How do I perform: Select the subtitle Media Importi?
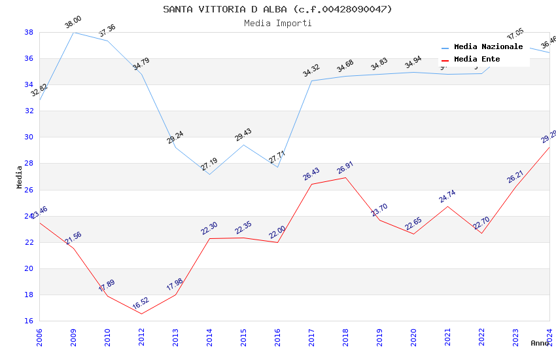point(277,23)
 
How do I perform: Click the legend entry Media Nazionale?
point(488,47)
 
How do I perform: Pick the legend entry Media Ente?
point(477,59)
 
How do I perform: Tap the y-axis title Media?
point(20,177)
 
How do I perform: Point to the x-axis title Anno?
point(540,343)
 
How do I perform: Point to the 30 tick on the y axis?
point(29,137)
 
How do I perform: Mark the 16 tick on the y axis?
point(29,321)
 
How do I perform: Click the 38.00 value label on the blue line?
point(73,24)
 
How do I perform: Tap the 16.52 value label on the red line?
point(141,304)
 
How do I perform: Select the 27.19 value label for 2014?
point(209,164)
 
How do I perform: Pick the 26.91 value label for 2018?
point(345,169)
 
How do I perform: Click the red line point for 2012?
point(141,314)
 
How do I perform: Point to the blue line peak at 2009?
point(73,32)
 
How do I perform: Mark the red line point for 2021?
point(447,206)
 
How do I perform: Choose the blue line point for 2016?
point(277,167)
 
